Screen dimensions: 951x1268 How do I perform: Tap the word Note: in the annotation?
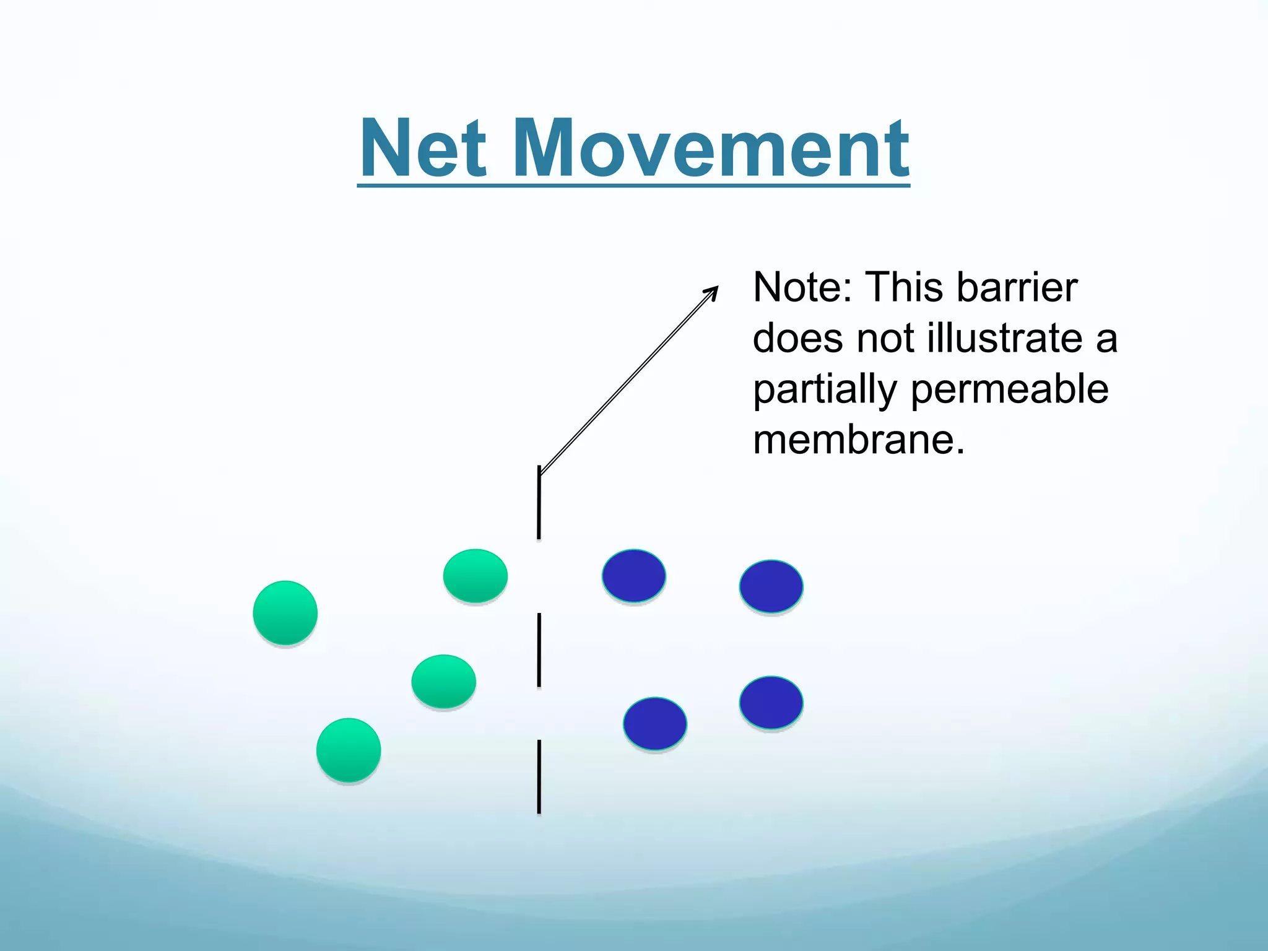pyautogui.click(x=802, y=288)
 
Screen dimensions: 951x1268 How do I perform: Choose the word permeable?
pyautogui.click(x=1009, y=390)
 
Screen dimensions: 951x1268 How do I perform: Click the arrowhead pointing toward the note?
pyautogui.click(x=712, y=292)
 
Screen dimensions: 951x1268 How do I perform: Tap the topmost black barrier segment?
pyautogui.click(x=539, y=502)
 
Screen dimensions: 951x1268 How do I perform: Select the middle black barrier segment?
pyautogui.click(x=539, y=649)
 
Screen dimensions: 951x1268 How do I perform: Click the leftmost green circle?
pyautogui.click(x=285, y=613)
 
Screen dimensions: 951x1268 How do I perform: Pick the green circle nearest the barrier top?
pyautogui.click(x=475, y=576)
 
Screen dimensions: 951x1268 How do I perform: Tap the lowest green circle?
pyautogui.click(x=349, y=750)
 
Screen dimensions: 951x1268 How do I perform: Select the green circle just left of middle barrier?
pyautogui.click(x=444, y=681)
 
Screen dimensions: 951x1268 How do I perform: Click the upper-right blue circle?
pyautogui.click(x=771, y=586)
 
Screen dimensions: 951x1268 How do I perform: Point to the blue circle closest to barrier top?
pyautogui.click(x=634, y=576)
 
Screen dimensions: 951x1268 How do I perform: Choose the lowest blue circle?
pyautogui.click(x=655, y=723)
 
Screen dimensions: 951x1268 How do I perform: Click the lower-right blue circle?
pyautogui.click(x=771, y=702)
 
